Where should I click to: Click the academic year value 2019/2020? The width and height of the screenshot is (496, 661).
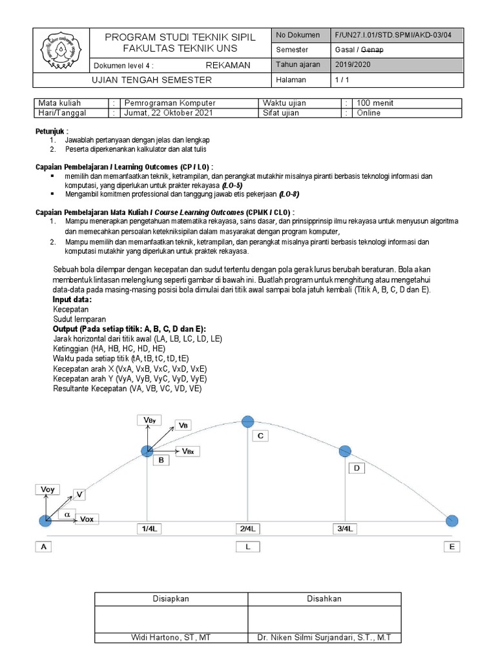[x=353, y=65]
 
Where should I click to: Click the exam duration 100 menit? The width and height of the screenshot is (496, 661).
[x=375, y=103]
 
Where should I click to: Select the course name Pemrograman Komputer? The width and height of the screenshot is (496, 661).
[x=170, y=103]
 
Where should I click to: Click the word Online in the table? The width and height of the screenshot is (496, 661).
[x=369, y=113]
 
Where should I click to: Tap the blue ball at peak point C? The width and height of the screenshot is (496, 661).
[x=247, y=422]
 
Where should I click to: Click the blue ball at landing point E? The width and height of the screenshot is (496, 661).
[x=452, y=521]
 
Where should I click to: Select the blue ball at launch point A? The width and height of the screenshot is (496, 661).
[x=45, y=521]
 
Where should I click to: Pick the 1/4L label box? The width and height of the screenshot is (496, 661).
[x=148, y=529]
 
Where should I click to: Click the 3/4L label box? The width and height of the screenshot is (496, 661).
[x=345, y=529]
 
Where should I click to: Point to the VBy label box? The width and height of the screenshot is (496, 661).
[x=148, y=420]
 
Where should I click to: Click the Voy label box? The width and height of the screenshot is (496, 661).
[x=47, y=490]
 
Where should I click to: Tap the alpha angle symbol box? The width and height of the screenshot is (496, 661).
[x=67, y=514]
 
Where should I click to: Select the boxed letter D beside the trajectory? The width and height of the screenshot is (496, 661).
[x=356, y=469]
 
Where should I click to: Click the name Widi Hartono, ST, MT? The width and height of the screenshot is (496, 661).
[x=170, y=638]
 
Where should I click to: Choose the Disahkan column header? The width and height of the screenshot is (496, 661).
[x=324, y=599]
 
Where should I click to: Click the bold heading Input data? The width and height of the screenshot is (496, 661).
[x=72, y=300]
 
